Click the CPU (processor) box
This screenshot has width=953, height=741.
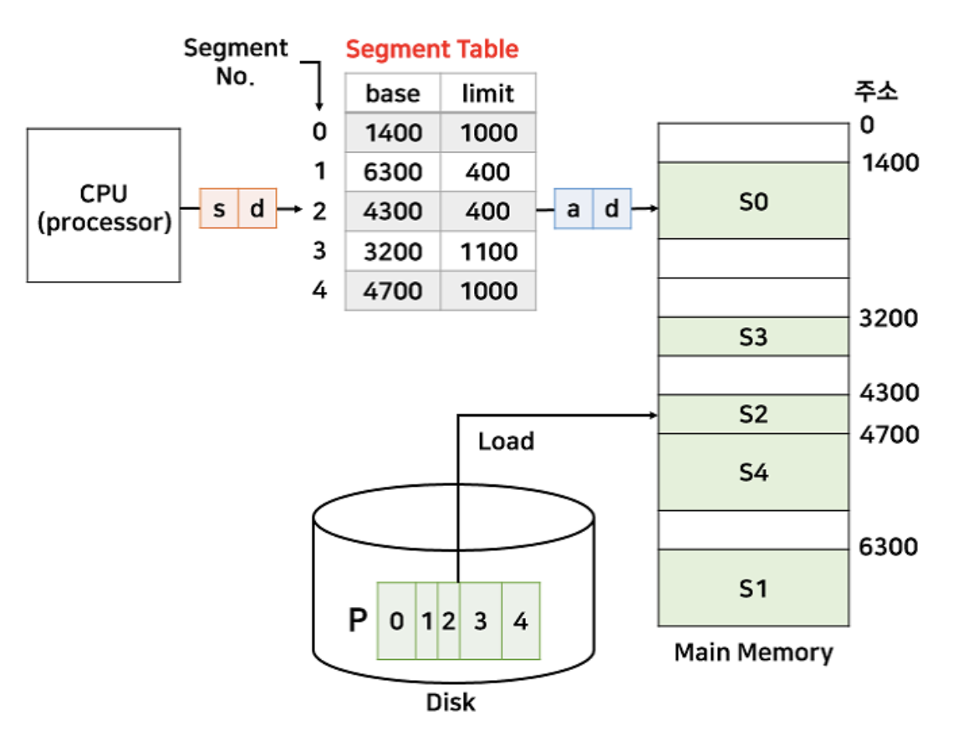(x=104, y=206)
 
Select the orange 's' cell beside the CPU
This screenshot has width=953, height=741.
(x=219, y=208)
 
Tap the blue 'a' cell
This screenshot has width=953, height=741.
(x=573, y=208)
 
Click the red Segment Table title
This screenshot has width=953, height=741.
(x=432, y=49)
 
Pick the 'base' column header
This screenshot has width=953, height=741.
(x=393, y=93)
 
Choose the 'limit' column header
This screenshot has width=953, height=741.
(x=488, y=93)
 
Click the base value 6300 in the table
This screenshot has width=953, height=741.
(x=393, y=172)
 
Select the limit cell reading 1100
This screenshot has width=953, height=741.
(x=488, y=252)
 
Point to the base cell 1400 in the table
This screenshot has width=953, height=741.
(x=393, y=133)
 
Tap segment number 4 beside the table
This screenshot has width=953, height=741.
(x=319, y=291)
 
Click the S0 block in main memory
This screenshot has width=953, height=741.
(x=753, y=202)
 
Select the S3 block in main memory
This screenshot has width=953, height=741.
(x=753, y=337)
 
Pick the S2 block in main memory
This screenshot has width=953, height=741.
(x=753, y=414)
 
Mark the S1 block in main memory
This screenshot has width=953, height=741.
(x=753, y=589)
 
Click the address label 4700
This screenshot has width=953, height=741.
(x=889, y=435)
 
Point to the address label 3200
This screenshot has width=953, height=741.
(x=889, y=319)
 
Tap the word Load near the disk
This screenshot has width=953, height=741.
(x=506, y=441)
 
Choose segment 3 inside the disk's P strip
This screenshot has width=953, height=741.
(x=480, y=621)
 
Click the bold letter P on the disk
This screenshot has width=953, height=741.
(x=358, y=621)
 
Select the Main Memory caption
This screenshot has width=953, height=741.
(x=753, y=652)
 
